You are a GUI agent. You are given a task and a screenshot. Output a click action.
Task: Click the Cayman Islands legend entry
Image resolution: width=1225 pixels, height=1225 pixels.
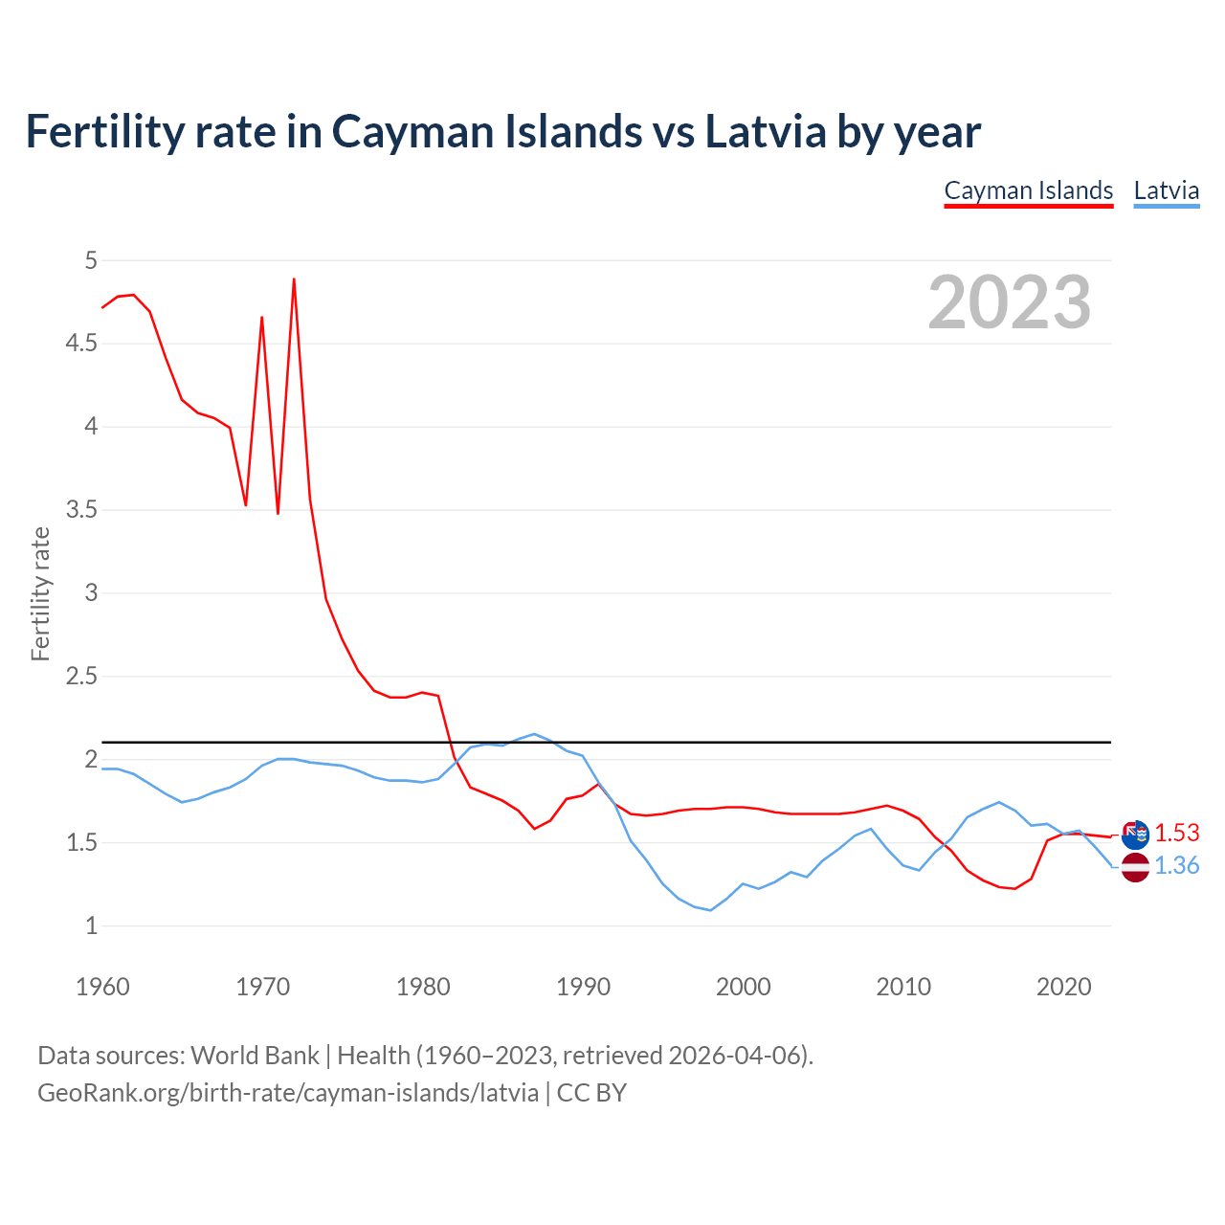1029,190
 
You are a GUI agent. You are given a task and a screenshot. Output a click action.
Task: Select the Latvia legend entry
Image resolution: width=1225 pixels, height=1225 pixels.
1166,190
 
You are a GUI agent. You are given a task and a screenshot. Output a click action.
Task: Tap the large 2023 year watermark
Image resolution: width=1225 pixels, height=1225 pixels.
1010,302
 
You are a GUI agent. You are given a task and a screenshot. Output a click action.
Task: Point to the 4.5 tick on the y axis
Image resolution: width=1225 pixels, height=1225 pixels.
81,344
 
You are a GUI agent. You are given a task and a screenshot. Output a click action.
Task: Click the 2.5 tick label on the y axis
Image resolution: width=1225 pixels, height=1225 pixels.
81,677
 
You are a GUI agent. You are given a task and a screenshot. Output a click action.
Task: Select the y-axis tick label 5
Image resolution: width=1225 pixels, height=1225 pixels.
91,260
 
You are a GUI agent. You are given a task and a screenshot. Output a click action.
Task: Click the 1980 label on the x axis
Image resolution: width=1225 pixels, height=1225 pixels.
423,987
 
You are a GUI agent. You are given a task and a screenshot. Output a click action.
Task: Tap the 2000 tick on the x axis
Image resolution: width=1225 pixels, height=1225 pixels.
743,987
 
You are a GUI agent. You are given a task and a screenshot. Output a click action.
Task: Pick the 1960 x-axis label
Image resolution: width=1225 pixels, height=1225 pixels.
102,987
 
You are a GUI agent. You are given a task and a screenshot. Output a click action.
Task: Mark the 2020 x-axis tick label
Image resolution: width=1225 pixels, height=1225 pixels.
1063,987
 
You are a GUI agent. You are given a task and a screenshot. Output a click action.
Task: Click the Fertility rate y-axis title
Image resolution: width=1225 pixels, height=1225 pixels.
40,593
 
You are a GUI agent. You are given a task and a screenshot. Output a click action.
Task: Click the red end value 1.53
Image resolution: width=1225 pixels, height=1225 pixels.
1176,834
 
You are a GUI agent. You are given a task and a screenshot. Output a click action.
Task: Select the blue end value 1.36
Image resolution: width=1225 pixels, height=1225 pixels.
1176,866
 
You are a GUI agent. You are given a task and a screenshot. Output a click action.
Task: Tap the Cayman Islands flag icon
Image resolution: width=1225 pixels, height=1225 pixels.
1135,835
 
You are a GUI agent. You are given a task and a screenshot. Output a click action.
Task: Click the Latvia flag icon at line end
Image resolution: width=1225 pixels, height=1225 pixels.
1135,867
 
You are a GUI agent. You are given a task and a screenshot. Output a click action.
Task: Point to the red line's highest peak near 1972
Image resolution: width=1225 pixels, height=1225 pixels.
294,279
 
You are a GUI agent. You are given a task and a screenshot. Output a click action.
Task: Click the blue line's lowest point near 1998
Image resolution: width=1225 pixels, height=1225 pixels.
710,910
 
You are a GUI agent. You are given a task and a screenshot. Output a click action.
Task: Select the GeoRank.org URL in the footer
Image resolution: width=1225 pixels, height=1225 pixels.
288,1093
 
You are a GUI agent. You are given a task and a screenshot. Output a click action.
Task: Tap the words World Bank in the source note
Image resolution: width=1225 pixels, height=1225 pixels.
255,1056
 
